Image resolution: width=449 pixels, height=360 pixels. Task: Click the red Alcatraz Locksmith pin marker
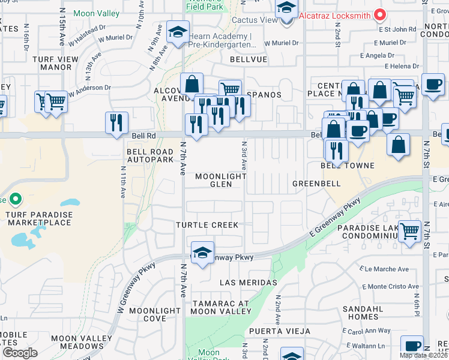point(379,15)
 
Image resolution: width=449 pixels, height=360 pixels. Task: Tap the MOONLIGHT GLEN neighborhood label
point(221,181)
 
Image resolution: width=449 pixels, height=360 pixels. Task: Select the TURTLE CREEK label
point(207,225)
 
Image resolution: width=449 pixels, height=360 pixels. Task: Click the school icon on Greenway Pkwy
point(203,253)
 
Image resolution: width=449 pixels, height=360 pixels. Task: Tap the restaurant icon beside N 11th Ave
point(116,122)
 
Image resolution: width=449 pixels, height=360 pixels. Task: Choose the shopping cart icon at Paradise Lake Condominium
point(409,230)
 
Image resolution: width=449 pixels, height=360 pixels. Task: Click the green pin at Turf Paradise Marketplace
point(16,199)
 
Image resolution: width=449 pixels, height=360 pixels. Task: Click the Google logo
point(20,353)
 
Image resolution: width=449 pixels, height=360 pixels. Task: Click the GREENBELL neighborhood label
point(316,183)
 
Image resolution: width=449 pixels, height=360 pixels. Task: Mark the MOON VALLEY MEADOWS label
point(77,343)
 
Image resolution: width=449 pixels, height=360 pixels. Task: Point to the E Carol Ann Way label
point(367,331)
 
